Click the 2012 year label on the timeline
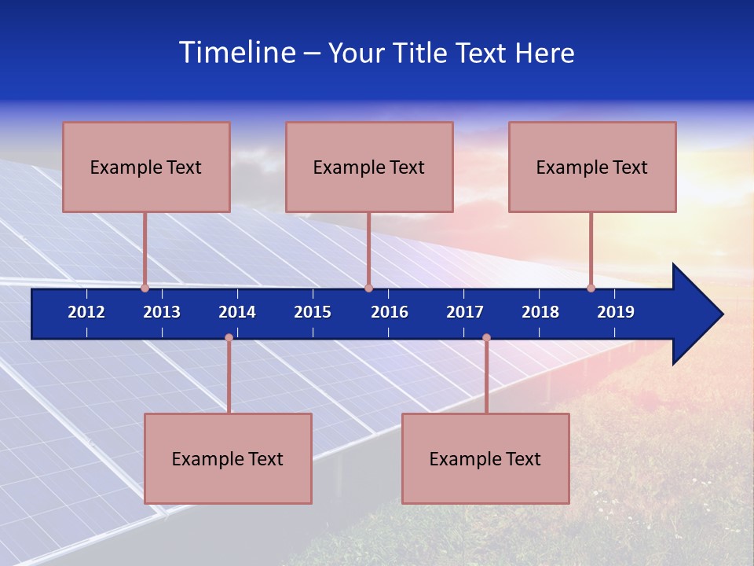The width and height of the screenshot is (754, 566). click(x=86, y=312)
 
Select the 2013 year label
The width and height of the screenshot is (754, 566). click(x=162, y=312)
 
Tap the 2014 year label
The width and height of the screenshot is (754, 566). click(x=237, y=312)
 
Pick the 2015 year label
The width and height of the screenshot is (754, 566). click(x=313, y=312)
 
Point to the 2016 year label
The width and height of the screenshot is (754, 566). click(x=390, y=312)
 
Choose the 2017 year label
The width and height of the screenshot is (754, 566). click(x=465, y=312)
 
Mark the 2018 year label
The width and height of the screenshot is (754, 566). click(x=540, y=312)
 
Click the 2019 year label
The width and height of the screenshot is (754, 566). click(x=616, y=312)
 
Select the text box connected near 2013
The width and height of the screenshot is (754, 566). click(x=146, y=167)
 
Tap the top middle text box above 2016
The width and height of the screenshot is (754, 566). click(x=369, y=167)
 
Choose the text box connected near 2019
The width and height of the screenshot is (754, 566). click(x=592, y=167)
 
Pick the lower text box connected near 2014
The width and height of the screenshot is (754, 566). click(x=228, y=458)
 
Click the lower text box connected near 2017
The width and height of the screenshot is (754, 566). click(x=485, y=458)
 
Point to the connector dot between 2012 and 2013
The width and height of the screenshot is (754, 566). click(x=145, y=288)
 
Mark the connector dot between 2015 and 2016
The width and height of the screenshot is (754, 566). click(x=368, y=288)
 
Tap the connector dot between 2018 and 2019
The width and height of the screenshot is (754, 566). click(x=591, y=288)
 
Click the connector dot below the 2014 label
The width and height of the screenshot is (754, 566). click(x=229, y=338)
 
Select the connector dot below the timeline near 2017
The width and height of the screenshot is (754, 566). click(x=486, y=338)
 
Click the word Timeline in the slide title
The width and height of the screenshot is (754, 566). click(x=237, y=53)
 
